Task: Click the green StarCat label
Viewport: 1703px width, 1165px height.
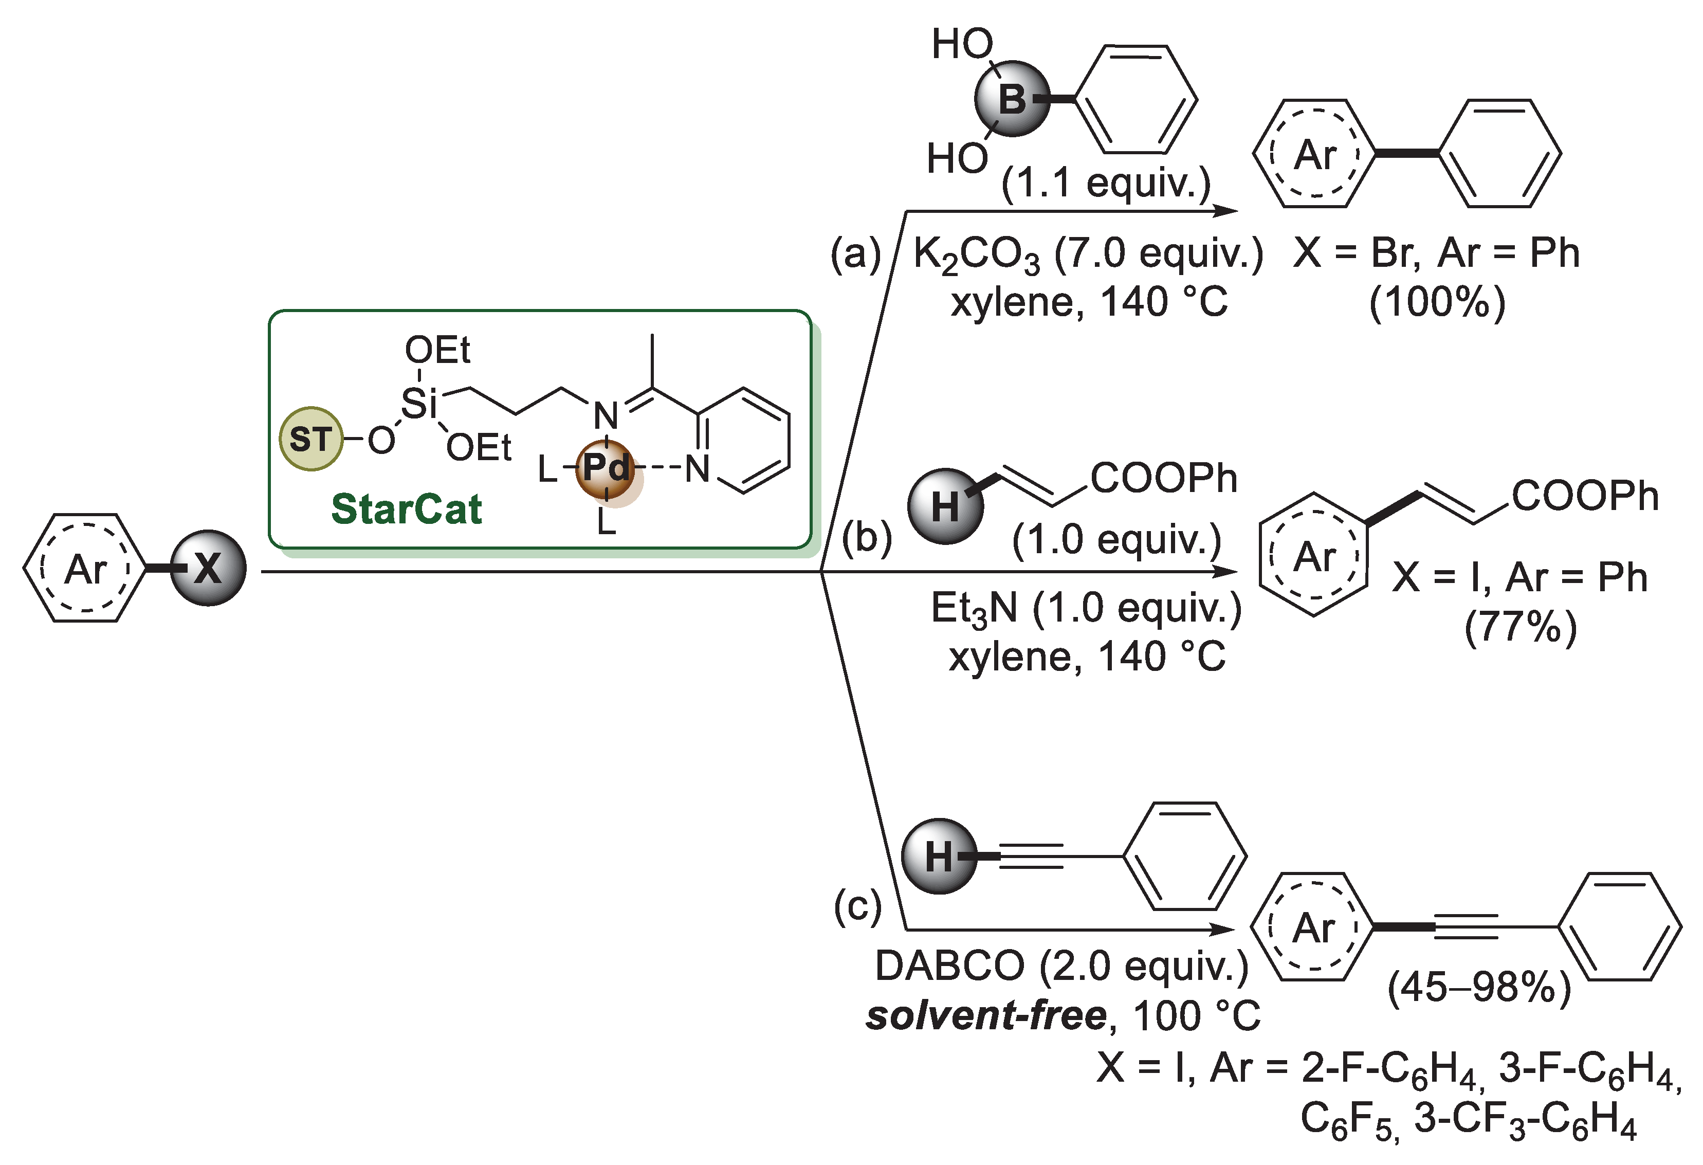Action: (x=406, y=509)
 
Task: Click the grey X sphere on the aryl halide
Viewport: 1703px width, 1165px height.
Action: (x=208, y=569)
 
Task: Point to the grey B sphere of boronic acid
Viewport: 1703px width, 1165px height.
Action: (x=1012, y=99)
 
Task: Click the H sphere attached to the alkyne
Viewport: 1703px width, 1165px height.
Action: (x=939, y=856)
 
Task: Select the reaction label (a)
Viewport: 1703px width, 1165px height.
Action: (x=855, y=254)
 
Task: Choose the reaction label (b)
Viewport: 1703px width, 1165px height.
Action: (x=866, y=538)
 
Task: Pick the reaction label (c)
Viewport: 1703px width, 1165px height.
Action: (x=857, y=906)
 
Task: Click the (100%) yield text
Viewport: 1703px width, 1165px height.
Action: (x=1437, y=302)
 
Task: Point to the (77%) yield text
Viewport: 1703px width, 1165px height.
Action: (x=1521, y=627)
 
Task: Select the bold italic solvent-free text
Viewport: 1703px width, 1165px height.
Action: (x=985, y=1015)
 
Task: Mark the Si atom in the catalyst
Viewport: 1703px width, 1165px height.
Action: (x=418, y=403)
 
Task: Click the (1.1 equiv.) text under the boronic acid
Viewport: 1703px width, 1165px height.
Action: (x=1106, y=183)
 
